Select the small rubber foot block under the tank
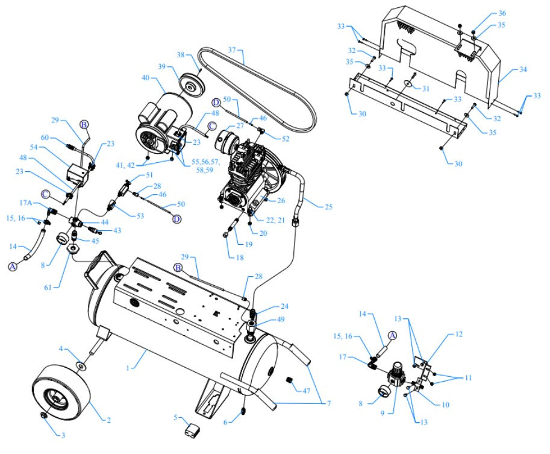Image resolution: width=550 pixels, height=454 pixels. (x=192, y=431)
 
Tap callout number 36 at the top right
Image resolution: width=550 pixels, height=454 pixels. (x=502, y=14)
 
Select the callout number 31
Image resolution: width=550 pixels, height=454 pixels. (x=425, y=89)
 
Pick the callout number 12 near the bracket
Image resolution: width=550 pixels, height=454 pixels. (x=458, y=333)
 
